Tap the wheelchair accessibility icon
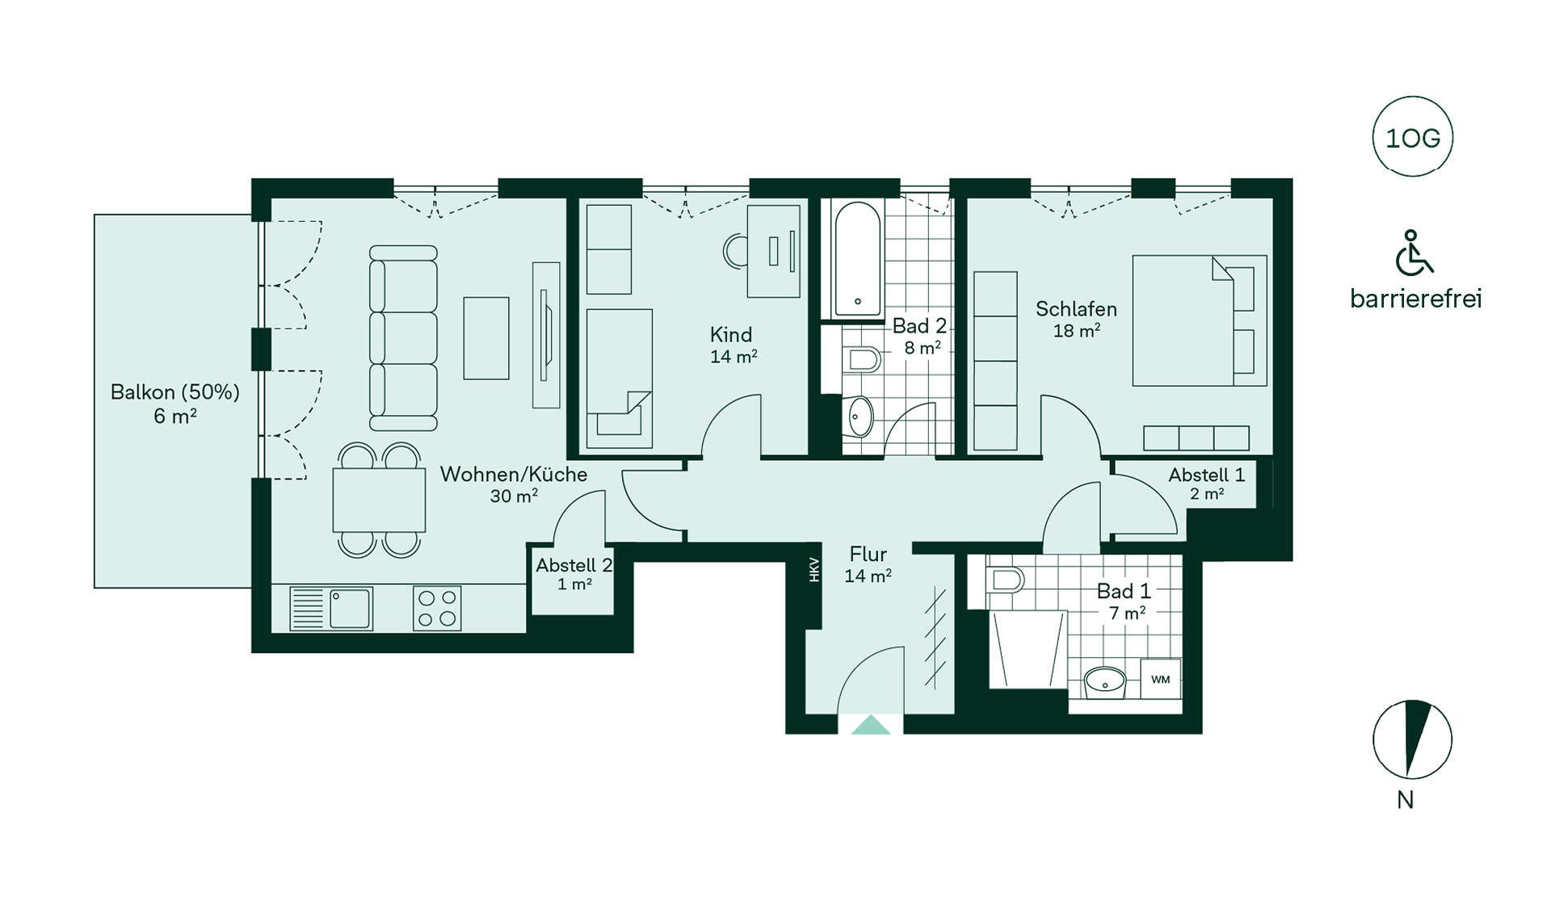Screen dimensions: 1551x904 [1414, 252]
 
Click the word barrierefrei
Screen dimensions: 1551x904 [1416, 299]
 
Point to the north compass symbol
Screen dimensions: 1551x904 [1413, 739]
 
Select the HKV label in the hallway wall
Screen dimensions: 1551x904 [814, 570]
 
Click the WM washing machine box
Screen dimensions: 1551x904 [1161, 679]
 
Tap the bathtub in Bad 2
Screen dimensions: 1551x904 [857, 258]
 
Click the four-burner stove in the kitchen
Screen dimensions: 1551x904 [437, 608]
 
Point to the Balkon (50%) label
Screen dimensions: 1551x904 [175, 392]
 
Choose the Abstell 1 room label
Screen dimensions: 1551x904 [1207, 475]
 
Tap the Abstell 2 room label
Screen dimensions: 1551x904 [574, 565]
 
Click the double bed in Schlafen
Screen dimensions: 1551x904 [1200, 320]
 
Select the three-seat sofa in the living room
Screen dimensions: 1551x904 [403, 338]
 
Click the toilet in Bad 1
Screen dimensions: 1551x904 [1005, 579]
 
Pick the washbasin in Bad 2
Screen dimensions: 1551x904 [860, 416]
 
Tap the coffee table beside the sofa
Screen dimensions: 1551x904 [486, 338]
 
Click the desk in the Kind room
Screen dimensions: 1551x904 [773, 251]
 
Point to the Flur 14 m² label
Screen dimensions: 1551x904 [868, 564]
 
